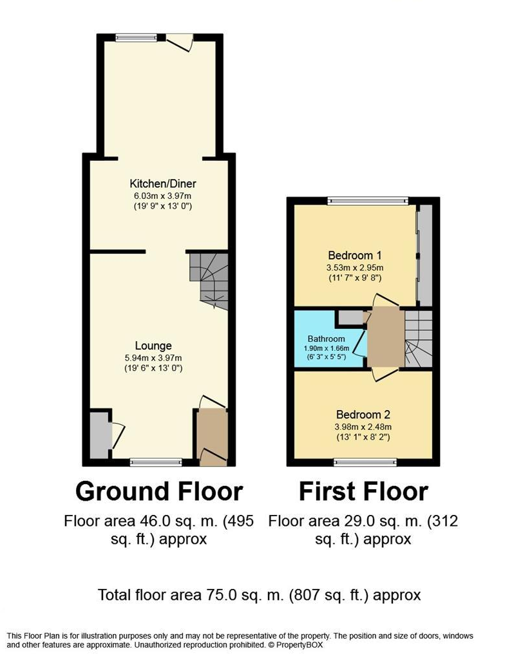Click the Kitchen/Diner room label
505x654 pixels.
click(163, 183)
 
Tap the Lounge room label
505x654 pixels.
click(153, 346)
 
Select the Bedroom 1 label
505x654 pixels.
click(355, 256)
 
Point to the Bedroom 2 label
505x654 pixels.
click(363, 415)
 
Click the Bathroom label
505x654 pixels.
click(327, 339)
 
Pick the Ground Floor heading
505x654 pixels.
click(159, 491)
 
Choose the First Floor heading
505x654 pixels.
click(363, 491)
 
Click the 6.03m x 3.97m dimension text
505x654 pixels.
click(163, 196)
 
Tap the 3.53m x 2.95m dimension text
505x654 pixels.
click(355, 268)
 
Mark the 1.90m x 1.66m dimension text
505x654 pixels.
click(327, 348)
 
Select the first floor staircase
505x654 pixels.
click(418, 339)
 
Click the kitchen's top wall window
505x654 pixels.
click(136, 37)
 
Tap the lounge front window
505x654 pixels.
click(156, 462)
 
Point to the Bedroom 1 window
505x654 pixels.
click(367, 201)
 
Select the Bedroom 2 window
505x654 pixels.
click(365, 462)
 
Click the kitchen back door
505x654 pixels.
click(180, 42)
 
